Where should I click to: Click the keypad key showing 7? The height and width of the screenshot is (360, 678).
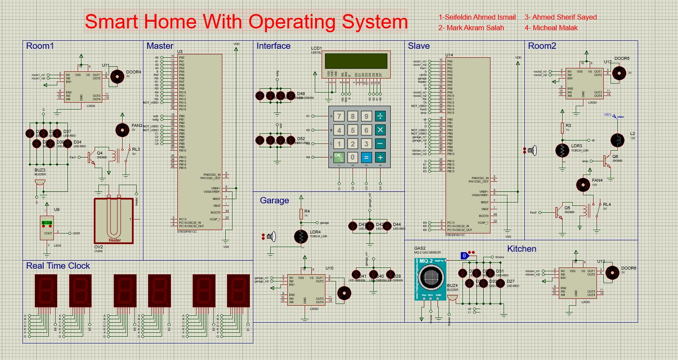pos(339,116)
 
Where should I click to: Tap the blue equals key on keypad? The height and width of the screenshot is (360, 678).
pos(366,157)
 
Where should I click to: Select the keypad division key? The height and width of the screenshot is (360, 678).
pos(380,116)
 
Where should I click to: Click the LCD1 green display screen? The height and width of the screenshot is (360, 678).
pos(356,61)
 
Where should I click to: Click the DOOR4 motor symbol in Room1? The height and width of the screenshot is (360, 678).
pos(117,76)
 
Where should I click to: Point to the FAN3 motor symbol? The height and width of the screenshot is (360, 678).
pos(122,130)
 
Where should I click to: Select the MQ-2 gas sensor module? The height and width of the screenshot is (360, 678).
pos(430,279)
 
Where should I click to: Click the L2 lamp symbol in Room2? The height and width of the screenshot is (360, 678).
pos(617,140)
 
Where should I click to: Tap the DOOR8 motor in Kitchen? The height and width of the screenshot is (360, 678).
pos(612,273)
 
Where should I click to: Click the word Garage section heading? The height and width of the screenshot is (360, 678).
pos(274,200)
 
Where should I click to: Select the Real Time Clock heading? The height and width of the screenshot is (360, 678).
pos(58,266)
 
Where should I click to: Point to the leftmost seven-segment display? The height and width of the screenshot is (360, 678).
pos(46,291)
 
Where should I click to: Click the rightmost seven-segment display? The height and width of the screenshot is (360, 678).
pos(238,291)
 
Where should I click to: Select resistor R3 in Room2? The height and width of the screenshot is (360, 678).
pos(562,128)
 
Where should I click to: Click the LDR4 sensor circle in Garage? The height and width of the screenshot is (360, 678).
pos(301,237)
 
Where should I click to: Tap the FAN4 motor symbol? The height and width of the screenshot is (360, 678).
pos(583,185)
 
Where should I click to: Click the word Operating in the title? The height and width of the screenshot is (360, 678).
pos(291,22)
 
